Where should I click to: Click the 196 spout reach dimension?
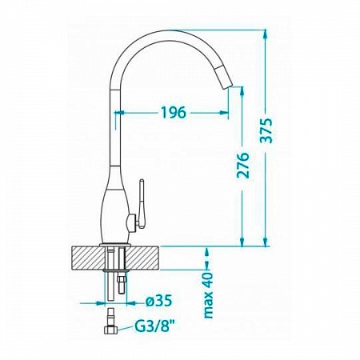coord(173,112)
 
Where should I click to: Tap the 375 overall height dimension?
coord(266,130)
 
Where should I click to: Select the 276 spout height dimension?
coord(242,166)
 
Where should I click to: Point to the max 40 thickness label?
coord(208,295)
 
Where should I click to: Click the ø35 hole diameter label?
coord(159,302)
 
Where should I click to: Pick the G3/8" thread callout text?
coord(155,326)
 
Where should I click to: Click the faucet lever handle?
coord(141,204)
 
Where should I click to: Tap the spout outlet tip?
coord(227,86)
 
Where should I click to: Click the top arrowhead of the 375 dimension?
coord(265,34)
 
